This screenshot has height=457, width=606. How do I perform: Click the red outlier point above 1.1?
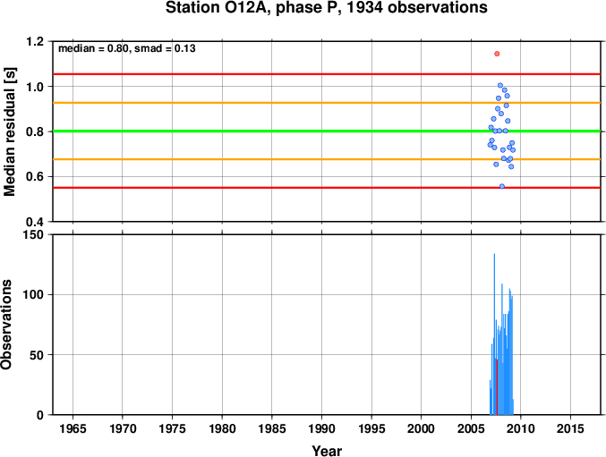(x=497, y=54)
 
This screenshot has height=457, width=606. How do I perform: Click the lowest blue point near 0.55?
(x=502, y=186)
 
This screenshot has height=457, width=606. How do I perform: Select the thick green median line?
(x=327, y=131)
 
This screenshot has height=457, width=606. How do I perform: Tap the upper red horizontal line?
(x=327, y=74)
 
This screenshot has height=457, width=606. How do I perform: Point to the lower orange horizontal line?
(x=327, y=159)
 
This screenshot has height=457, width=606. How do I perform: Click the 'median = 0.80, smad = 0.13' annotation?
(x=127, y=48)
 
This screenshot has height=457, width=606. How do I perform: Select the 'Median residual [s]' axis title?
(x=9, y=131)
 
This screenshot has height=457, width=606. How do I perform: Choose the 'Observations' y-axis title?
(x=6, y=325)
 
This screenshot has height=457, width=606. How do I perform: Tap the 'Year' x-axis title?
(x=327, y=451)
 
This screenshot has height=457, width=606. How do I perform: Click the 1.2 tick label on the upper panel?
(x=34, y=41)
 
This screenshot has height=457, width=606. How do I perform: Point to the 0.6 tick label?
(x=34, y=177)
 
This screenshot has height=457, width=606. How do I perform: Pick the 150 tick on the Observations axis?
(x=34, y=234)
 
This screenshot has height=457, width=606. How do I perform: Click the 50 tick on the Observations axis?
(x=37, y=355)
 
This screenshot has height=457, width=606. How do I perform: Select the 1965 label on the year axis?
(x=73, y=428)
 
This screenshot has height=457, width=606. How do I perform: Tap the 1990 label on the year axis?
(x=322, y=428)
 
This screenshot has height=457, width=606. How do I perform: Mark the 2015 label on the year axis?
(x=570, y=428)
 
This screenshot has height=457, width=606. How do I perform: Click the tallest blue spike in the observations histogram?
(x=494, y=334)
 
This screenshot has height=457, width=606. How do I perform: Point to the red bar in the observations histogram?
(x=497, y=386)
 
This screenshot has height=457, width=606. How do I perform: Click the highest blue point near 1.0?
(x=500, y=85)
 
